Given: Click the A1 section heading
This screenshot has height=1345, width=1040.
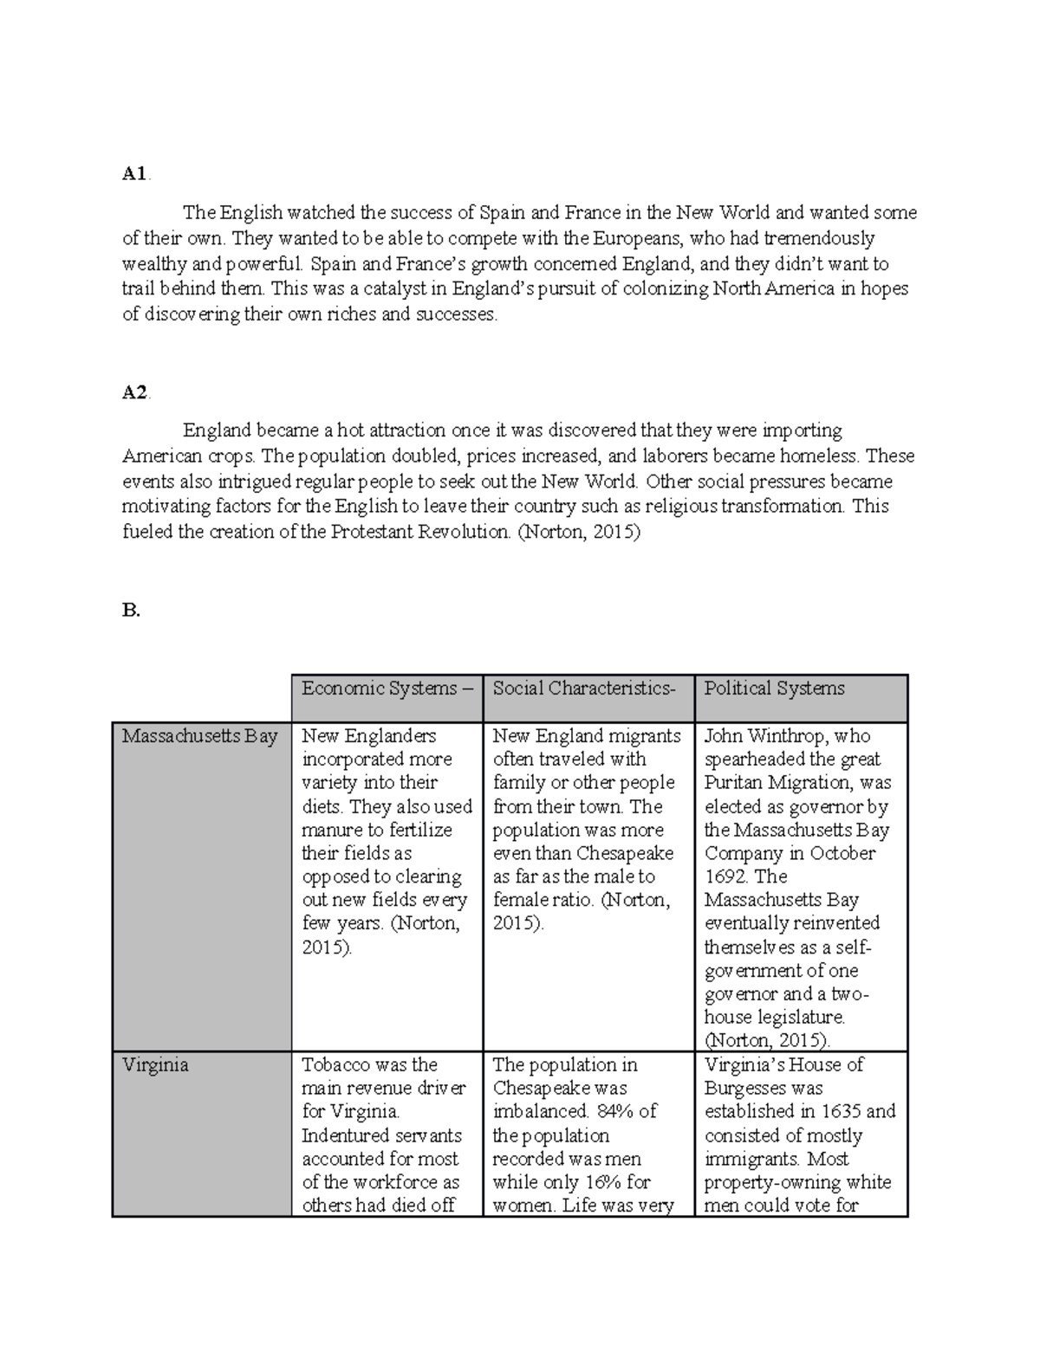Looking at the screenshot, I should pyautogui.click(x=134, y=174).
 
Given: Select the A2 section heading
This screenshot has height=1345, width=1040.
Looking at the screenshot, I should pyautogui.click(x=135, y=392).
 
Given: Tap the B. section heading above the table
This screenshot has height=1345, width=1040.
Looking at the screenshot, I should pyautogui.click(x=131, y=611).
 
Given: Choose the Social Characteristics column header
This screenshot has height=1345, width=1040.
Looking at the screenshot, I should pyautogui.click(x=583, y=689).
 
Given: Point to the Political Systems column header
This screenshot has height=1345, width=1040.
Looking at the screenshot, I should pyautogui.click(x=774, y=689).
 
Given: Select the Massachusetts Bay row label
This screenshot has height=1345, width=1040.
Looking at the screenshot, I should pyautogui.click(x=199, y=736).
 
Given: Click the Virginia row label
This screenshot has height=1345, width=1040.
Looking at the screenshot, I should pyautogui.click(x=155, y=1065).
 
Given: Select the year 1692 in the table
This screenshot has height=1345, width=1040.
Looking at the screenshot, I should pyautogui.click(x=725, y=876).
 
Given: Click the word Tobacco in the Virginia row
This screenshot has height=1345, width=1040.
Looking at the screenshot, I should pyautogui.click(x=335, y=1065).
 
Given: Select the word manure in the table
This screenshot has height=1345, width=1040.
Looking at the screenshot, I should pyautogui.click(x=331, y=830).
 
